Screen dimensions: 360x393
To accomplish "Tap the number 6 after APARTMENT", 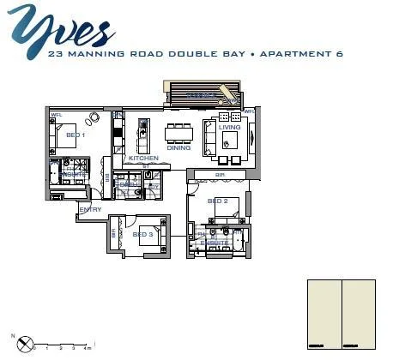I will point(340,54).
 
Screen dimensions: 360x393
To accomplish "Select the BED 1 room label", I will point(75,135).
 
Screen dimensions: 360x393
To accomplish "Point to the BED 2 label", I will point(217,201).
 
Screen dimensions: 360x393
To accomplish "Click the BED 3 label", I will point(142,234).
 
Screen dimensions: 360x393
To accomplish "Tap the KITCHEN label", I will point(143,159).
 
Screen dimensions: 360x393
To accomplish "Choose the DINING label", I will point(178,148).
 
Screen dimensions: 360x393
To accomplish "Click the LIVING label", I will point(229,128).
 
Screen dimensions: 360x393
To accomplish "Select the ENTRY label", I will point(90,209).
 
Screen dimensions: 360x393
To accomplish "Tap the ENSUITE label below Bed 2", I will point(215,243).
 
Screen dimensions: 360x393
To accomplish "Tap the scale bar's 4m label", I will point(88,350).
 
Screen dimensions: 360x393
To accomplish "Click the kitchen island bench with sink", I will point(143,132).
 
